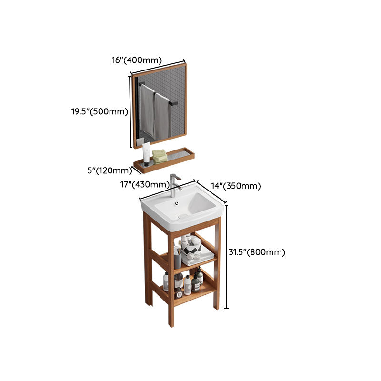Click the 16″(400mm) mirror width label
click(137, 60)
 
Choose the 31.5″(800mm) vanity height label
click(257, 252)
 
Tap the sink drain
click(181, 216)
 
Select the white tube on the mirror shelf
click(146, 153)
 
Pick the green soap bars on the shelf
click(160, 156)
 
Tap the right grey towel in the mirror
click(162, 117)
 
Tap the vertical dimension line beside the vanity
click(226, 257)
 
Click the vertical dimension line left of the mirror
click(130, 112)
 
